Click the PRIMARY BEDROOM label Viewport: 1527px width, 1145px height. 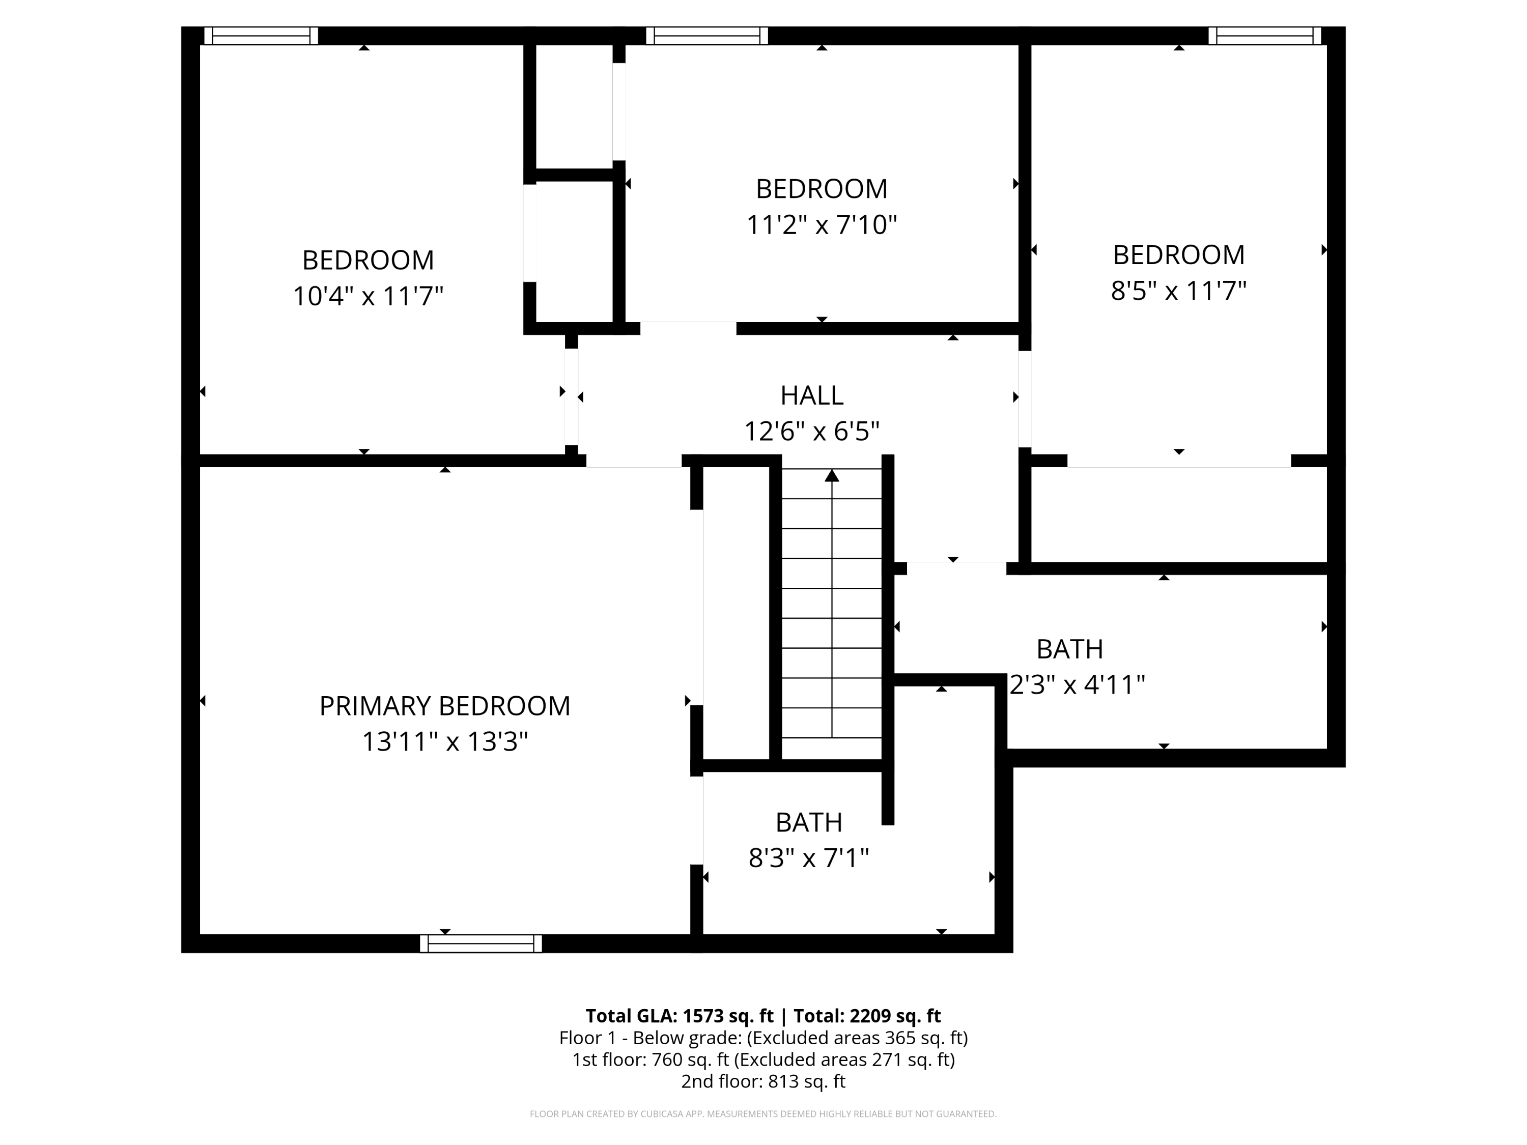point(444,706)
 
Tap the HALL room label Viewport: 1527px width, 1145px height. point(811,395)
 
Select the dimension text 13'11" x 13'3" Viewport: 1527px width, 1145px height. point(444,742)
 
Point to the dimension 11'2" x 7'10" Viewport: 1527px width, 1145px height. point(821,225)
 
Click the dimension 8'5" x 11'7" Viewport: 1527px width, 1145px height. point(1178,291)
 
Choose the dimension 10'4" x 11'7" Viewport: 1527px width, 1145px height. point(367,296)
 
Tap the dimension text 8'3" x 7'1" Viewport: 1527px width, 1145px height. point(808,858)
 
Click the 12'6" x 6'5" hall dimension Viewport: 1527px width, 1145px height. point(811,432)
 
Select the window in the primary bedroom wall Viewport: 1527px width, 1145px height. point(480,943)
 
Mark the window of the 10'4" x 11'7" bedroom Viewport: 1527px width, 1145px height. point(261,36)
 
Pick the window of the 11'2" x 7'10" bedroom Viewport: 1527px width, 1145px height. point(707,36)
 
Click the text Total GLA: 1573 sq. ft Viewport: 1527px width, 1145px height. point(680,1016)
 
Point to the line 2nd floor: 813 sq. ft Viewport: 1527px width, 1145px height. point(763,1081)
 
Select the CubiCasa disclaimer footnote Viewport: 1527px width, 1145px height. point(763,1114)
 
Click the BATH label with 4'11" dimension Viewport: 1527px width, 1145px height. point(1069,649)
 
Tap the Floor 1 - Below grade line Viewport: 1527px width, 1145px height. point(763,1038)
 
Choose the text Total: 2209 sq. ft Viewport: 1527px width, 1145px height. point(866,1016)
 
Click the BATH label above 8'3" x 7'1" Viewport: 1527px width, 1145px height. point(808,823)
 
